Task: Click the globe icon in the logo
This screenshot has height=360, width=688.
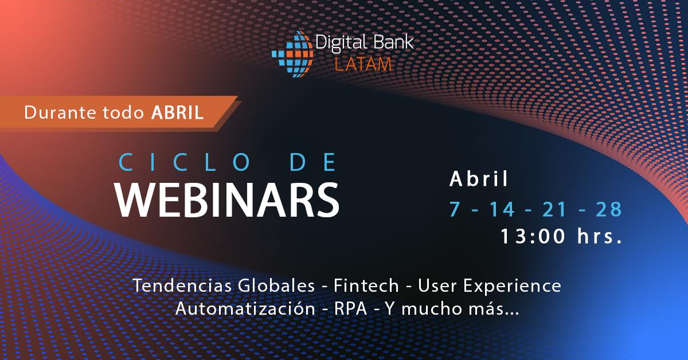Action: [293, 54]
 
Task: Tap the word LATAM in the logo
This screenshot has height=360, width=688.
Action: [363, 64]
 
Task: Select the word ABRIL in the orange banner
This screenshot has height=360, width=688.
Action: [178, 112]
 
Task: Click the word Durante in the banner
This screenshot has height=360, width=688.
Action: [60, 112]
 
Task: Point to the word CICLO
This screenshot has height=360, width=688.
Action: [185, 162]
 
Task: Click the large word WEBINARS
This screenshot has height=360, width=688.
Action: [227, 200]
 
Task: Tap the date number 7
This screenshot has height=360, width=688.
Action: [455, 209]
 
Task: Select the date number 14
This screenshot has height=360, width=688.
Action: [502, 209]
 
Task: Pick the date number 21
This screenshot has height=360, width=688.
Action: [554, 209]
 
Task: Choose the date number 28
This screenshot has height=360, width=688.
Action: [609, 209]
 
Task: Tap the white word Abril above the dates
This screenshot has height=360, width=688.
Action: [479, 178]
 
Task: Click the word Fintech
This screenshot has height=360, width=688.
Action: [366, 285]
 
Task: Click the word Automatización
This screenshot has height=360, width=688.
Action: [245, 308]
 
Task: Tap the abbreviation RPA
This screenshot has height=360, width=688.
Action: [350, 309]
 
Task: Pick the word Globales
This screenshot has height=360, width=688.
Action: [276, 285]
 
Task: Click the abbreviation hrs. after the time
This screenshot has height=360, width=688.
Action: [600, 236]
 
